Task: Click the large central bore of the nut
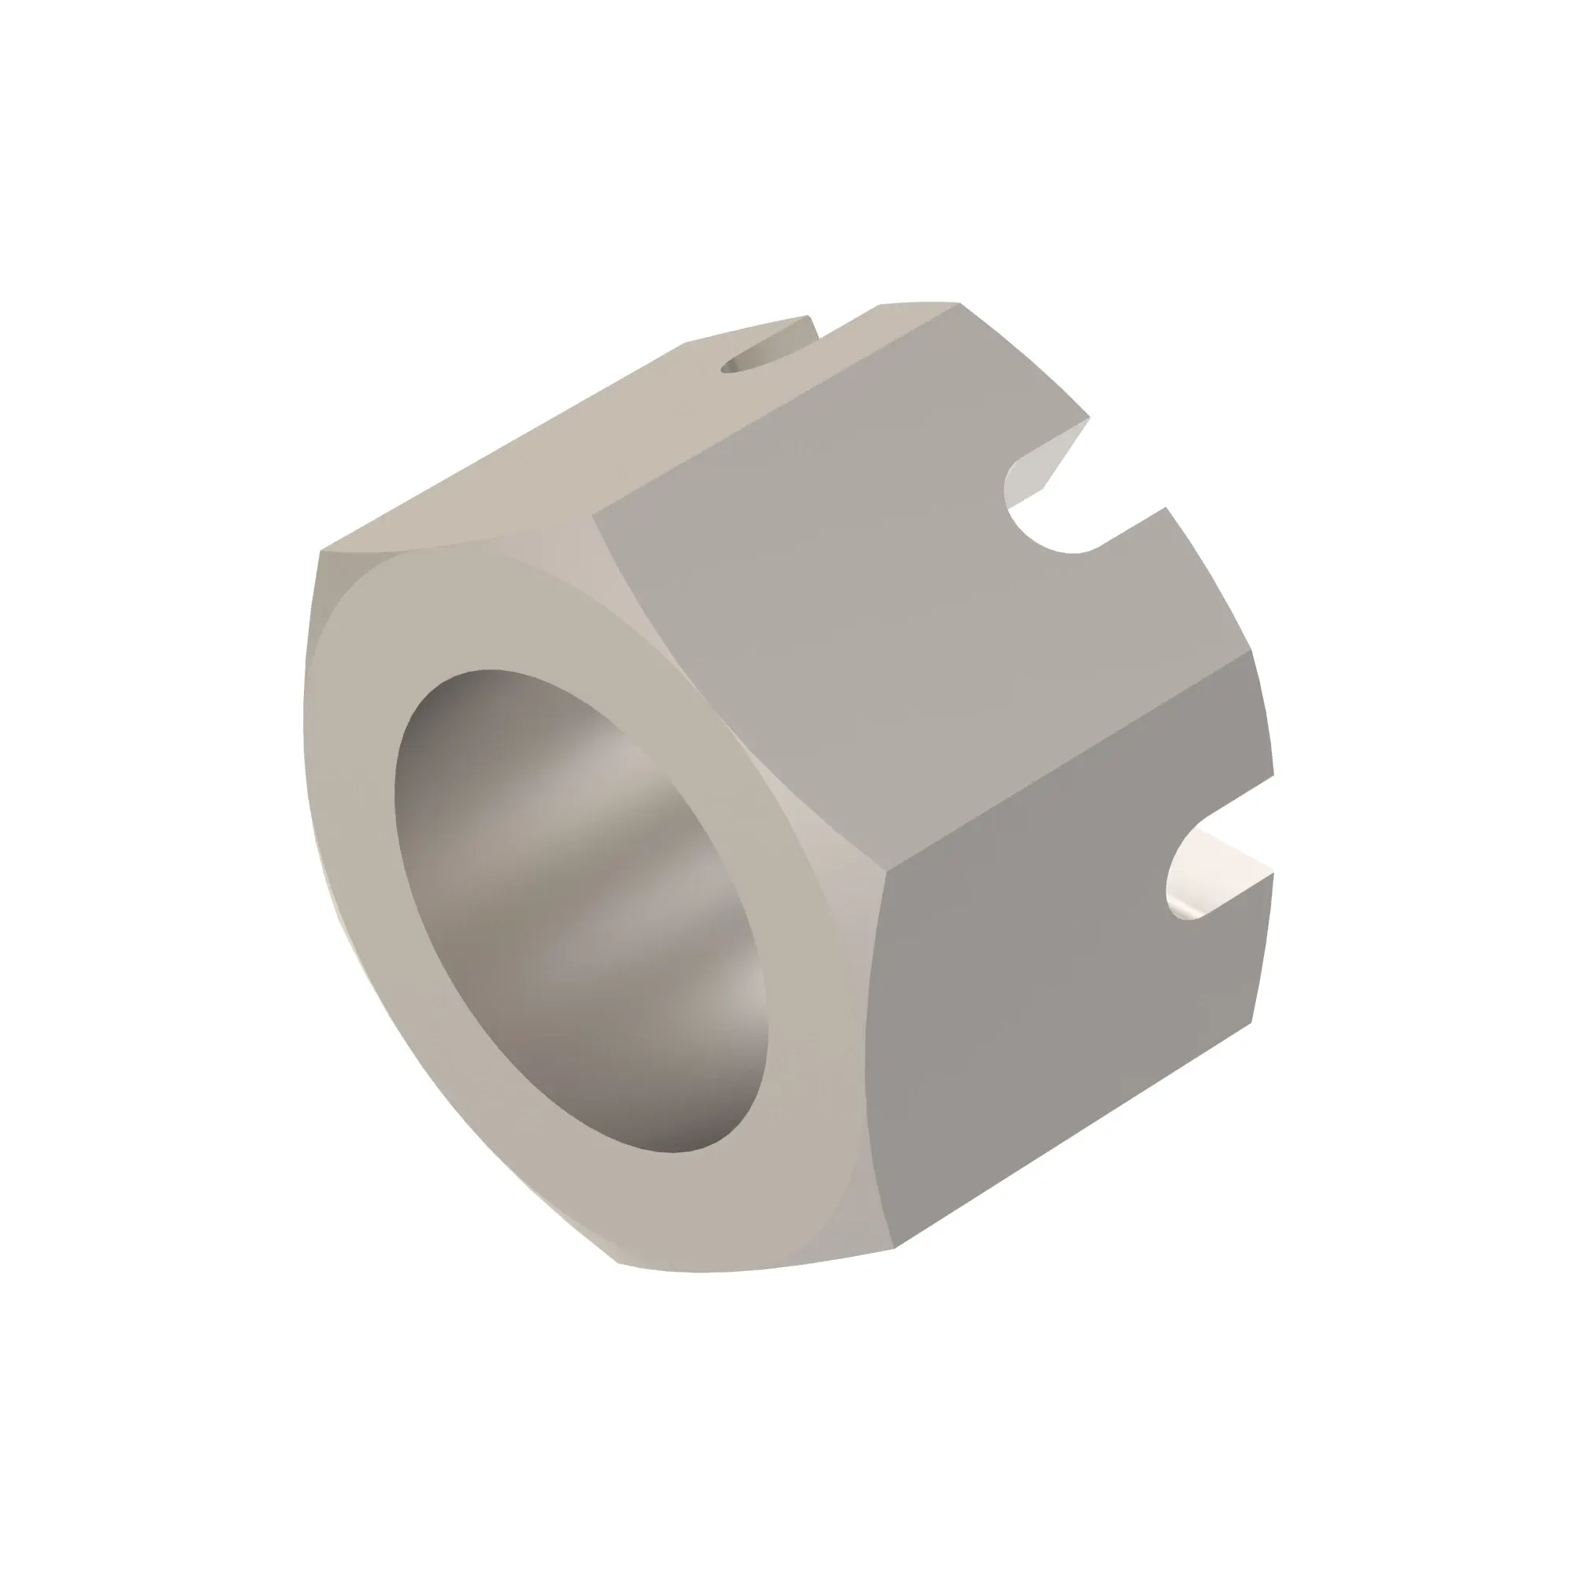579,905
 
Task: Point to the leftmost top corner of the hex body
321,552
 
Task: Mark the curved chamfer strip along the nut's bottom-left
424,1101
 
